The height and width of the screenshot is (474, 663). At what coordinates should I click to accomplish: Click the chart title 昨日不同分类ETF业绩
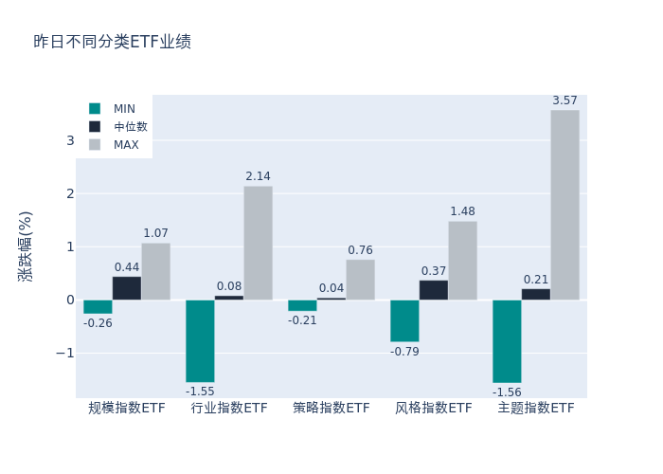[112, 42]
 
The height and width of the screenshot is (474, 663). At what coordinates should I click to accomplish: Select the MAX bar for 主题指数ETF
[564, 205]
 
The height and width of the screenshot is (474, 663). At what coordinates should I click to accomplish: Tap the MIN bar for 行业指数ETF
[200, 340]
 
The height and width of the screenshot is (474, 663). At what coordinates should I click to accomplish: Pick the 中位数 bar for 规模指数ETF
[127, 288]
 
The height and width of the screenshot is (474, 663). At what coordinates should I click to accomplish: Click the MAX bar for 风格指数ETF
[462, 261]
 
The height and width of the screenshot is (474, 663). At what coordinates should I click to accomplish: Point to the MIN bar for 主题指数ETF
[507, 341]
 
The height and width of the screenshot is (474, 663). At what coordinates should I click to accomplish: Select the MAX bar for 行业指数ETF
[258, 243]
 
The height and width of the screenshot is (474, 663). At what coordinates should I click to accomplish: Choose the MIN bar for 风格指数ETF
[404, 320]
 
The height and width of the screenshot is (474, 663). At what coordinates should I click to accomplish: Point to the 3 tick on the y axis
[70, 140]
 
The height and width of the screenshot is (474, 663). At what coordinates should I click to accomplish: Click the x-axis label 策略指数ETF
[331, 409]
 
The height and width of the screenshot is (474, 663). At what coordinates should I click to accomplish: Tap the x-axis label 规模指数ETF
[127, 409]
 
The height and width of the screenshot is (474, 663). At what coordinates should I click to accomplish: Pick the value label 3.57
[564, 100]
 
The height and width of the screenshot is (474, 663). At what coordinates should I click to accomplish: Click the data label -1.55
[200, 392]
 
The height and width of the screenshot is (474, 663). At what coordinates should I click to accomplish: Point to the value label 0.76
[360, 250]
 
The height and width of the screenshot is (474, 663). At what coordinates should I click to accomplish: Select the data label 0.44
[127, 267]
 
